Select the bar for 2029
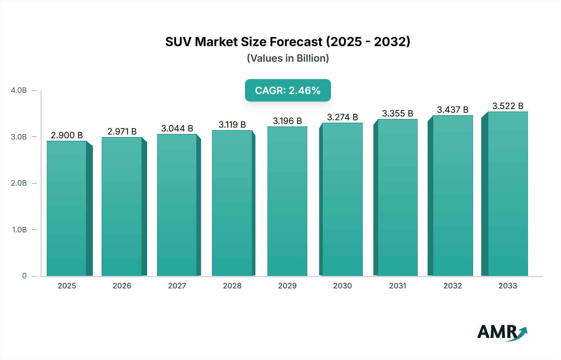[x=287, y=201]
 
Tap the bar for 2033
[x=507, y=194]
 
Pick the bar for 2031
[x=397, y=197]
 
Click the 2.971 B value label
[x=122, y=131]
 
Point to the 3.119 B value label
[x=232, y=125]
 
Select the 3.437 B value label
[x=453, y=110]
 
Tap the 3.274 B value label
[x=342, y=117]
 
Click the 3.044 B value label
[x=177, y=128]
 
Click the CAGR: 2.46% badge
[x=288, y=90]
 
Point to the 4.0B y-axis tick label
[x=19, y=90]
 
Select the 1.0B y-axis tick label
[x=19, y=230]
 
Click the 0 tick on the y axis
[x=24, y=276]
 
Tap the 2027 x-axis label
[x=177, y=286]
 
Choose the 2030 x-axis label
[x=342, y=286]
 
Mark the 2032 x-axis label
[x=453, y=286]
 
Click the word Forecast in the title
[x=296, y=42]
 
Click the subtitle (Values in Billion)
[x=288, y=58]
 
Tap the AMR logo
[x=502, y=333]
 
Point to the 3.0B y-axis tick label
[x=19, y=137]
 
